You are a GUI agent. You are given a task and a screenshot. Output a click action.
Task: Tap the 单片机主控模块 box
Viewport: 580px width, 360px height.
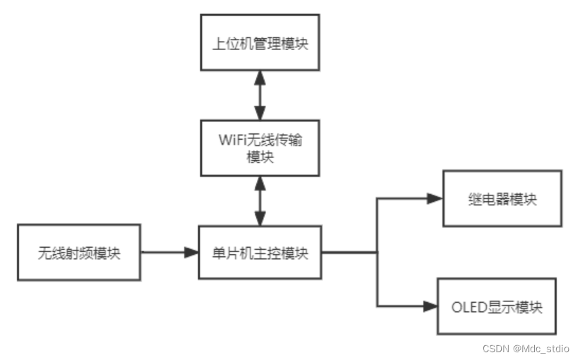pos(260,253)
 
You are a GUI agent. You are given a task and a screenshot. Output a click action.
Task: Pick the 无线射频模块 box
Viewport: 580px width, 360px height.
pos(79,253)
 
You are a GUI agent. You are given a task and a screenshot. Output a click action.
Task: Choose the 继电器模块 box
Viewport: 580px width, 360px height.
pos(502,198)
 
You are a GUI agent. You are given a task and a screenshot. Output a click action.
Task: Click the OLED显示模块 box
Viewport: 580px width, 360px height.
pos(497,306)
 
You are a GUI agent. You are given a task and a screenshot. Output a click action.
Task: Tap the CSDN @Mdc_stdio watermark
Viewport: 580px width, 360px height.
pos(526,349)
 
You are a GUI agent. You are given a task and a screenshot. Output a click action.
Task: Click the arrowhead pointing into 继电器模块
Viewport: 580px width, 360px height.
pos(435,198)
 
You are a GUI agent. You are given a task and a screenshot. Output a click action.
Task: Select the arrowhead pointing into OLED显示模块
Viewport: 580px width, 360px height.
pos(430,306)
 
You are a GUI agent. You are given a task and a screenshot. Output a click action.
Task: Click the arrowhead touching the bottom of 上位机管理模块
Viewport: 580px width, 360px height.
pos(260,76)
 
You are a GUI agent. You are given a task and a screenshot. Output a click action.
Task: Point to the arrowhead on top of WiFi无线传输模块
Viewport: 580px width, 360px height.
pos(260,114)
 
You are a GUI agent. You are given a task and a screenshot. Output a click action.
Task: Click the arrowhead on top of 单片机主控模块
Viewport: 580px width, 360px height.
pos(260,220)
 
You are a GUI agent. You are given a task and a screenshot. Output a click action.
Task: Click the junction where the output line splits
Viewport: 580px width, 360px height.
pos(377,253)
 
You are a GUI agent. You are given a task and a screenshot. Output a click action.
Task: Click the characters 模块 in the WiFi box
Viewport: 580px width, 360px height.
pos(260,157)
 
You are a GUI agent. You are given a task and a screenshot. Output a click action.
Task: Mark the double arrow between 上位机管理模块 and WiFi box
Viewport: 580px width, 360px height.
pos(260,95)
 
